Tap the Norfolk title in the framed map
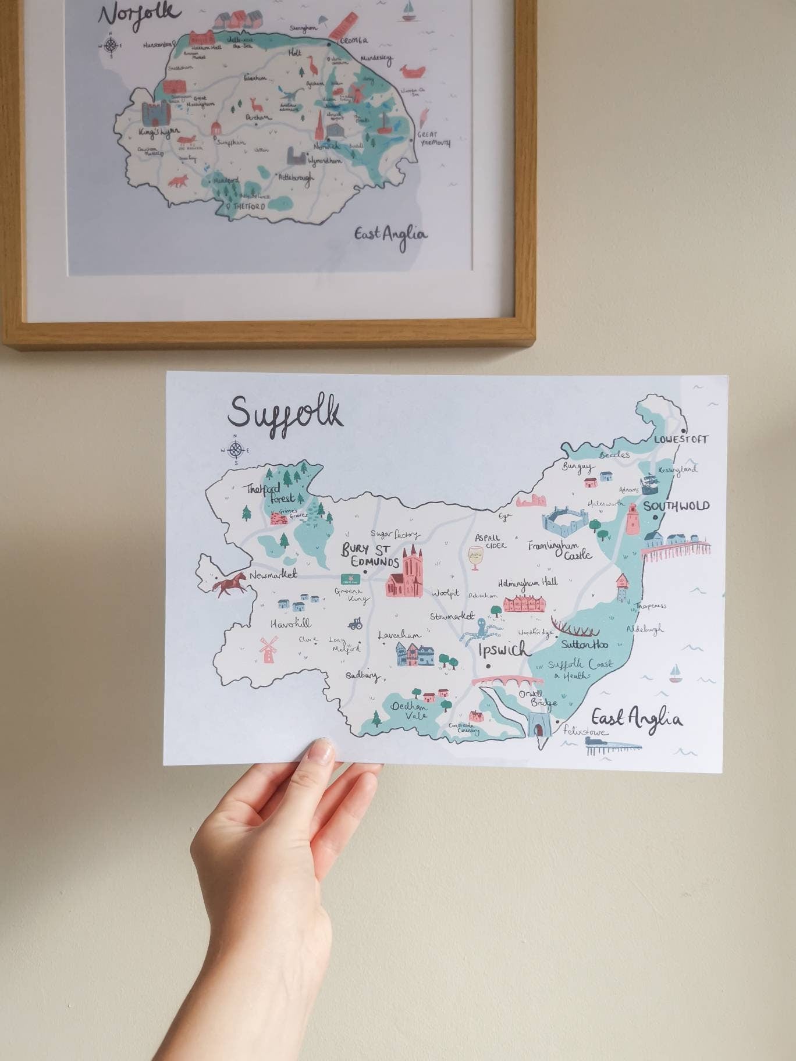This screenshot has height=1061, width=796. click(x=139, y=15)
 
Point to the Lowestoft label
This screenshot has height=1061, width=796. click(x=681, y=440)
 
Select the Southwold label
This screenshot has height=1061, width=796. click(x=676, y=506)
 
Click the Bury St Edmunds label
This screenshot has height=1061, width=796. click(x=370, y=556)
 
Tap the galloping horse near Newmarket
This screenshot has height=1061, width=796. click(x=228, y=583)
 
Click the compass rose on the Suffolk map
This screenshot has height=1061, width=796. click(x=235, y=450)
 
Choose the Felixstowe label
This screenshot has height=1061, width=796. click(x=585, y=731)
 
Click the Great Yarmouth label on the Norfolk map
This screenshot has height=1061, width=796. click(x=434, y=138)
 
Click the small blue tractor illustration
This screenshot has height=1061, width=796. click(x=355, y=624)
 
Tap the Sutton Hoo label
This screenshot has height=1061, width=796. click(x=584, y=645)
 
